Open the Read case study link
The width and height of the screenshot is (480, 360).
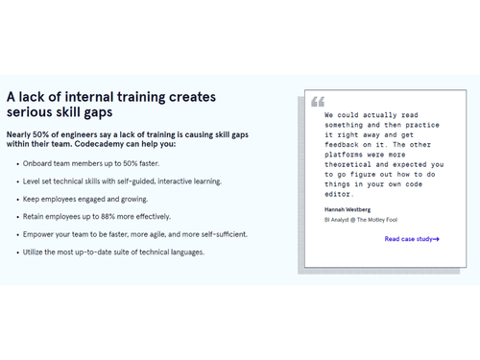(412, 239)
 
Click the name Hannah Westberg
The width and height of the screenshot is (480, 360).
(348, 208)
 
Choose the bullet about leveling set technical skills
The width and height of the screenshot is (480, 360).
(122, 181)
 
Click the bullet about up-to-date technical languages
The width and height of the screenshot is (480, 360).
(113, 252)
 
